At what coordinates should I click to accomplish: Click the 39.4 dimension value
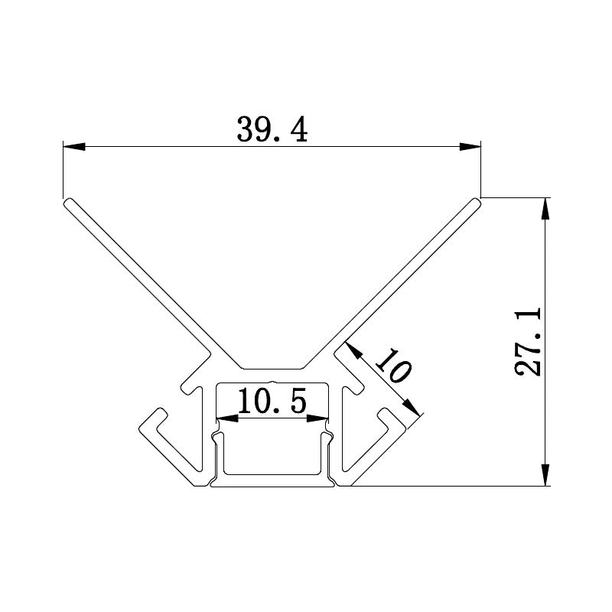click(272, 130)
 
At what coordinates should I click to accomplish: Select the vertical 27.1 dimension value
click(528, 341)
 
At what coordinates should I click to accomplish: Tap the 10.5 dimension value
click(272, 401)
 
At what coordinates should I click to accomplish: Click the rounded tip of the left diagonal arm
click(67, 202)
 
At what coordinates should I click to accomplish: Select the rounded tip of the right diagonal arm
click(476, 202)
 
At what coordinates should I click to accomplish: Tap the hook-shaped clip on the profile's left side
click(164, 436)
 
